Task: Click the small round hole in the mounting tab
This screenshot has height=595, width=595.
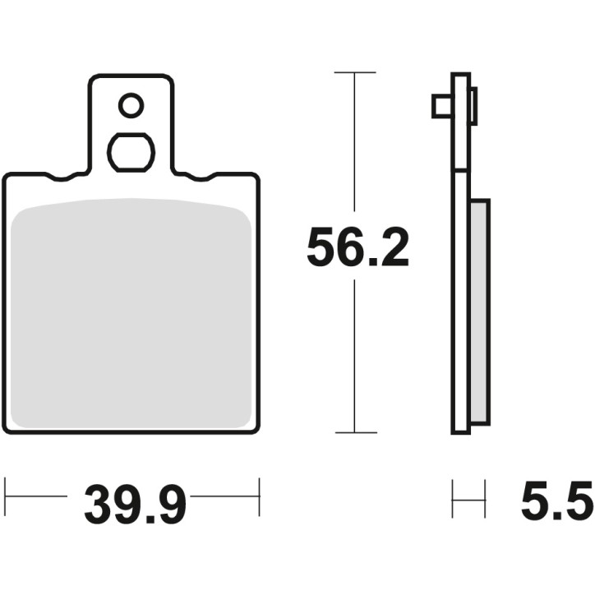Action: point(131,105)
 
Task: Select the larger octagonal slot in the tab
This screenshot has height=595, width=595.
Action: point(131,152)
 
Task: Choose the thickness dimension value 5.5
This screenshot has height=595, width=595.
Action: point(556,503)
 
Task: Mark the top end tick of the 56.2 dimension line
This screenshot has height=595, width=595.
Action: point(354,73)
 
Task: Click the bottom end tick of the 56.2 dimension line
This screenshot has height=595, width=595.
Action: point(354,432)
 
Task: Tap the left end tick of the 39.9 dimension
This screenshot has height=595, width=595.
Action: point(6,496)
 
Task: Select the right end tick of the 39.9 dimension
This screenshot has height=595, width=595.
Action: point(260,496)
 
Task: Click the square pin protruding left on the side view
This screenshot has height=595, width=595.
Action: point(440,106)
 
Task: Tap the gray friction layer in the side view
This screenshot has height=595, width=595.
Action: point(480,312)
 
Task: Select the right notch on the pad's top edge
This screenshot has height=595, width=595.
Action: point(202,177)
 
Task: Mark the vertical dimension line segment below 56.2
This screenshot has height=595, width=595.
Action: point(354,353)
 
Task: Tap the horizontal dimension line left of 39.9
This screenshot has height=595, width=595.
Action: point(37,496)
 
